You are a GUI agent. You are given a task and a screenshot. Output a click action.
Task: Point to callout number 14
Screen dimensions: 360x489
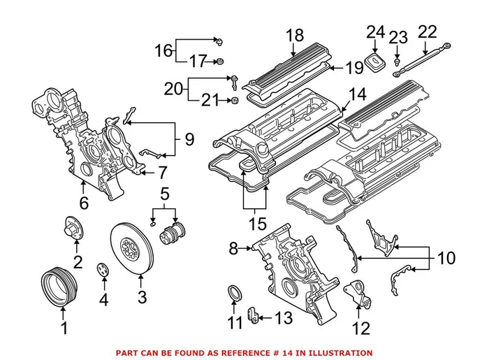357,94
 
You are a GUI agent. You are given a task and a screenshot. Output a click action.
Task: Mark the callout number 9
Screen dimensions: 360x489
189,139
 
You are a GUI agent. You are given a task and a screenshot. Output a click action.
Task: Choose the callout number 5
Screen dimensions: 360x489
165,192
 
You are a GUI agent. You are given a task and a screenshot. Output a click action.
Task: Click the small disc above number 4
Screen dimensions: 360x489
103,268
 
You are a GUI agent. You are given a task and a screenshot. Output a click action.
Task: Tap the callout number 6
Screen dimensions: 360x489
83,203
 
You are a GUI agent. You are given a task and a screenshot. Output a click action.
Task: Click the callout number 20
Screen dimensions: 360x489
172,89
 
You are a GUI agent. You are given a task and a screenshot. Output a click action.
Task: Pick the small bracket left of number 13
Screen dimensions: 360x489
254,312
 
